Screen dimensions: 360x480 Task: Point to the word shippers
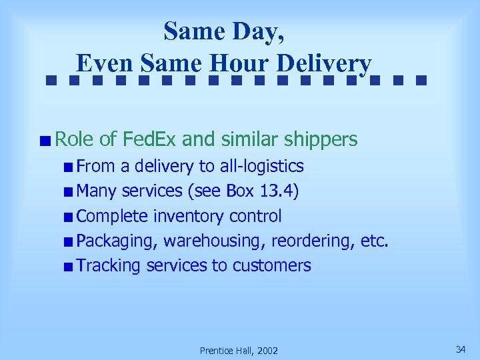321,140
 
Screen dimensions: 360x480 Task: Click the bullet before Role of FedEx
43,141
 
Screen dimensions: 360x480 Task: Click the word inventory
189,217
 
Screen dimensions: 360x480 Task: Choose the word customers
271,266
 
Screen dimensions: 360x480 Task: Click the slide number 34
460,349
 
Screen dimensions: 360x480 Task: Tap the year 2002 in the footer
266,351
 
